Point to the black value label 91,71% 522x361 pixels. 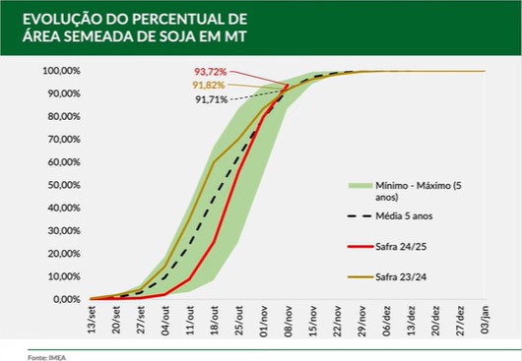(x=212, y=100)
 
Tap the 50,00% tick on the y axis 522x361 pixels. (x=61, y=185)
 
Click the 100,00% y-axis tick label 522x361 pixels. (x=59, y=71)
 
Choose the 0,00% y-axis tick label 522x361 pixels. (x=63, y=299)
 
